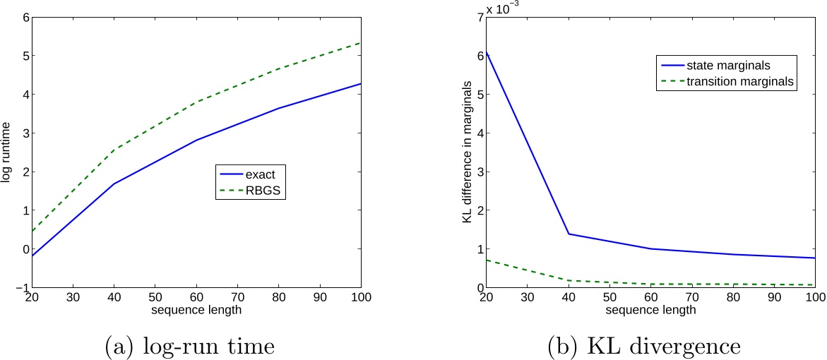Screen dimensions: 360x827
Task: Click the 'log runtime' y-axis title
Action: click(x=6, y=152)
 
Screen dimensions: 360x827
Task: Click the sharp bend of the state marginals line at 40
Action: click(x=569, y=234)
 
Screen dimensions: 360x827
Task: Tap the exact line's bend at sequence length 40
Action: click(x=112, y=184)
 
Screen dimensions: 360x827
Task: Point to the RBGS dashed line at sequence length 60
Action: click(x=196, y=102)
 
